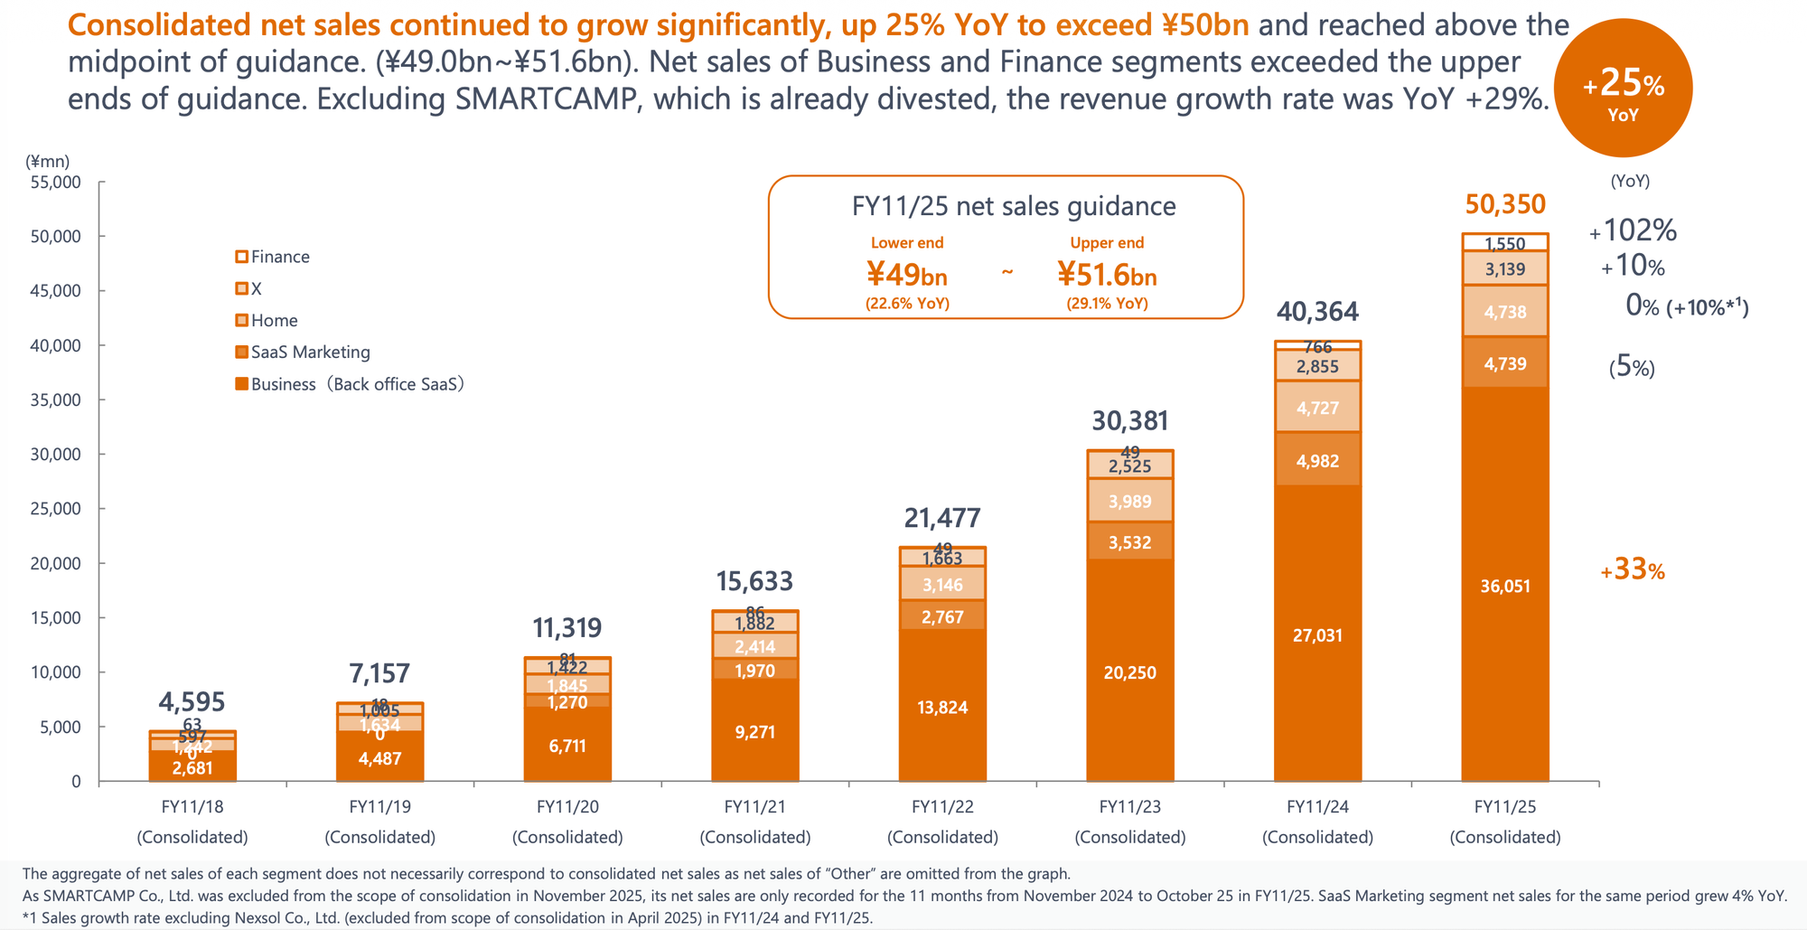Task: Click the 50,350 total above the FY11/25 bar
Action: click(x=1505, y=205)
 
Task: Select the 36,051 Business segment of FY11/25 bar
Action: click(x=1505, y=587)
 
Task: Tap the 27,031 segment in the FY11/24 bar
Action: click(x=1317, y=635)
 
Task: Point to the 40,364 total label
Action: click(x=1317, y=313)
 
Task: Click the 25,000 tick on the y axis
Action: click(x=56, y=509)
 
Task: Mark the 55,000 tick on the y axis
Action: click(x=56, y=182)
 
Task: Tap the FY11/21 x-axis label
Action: click(x=754, y=807)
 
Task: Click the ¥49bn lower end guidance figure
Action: click(x=907, y=274)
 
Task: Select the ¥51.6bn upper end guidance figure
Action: click(x=1107, y=274)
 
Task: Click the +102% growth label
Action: click(x=1633, y=231)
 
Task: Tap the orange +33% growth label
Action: click(x=1632, y=570)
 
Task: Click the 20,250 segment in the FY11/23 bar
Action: click(x=1129, y=672)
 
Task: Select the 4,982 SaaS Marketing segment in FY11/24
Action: click(x=1317, y=461)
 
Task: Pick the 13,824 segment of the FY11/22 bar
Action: click(x=942, y=708)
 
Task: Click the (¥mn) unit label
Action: click(x=48, y=162)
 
